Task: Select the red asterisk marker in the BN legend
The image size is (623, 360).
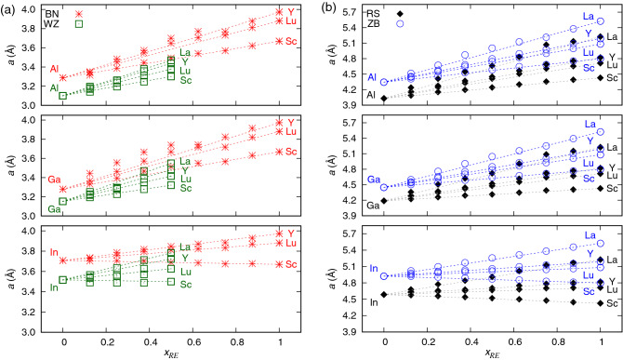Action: [78, 15]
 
